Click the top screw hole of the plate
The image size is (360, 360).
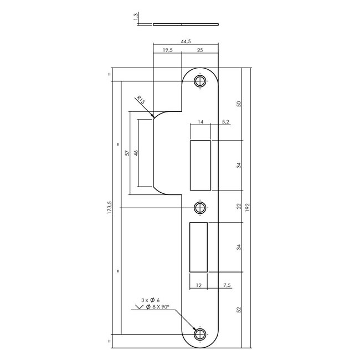(x=199, y=81)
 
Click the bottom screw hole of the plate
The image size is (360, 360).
(x=199, y=334)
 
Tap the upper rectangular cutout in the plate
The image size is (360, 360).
(x=200, y=164)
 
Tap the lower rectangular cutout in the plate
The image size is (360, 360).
(x=198, y=247)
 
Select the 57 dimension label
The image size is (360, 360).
(x=126, y=153)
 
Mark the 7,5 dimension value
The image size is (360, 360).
(x=227, y=286)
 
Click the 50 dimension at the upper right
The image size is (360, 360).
(x=239, y=105)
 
